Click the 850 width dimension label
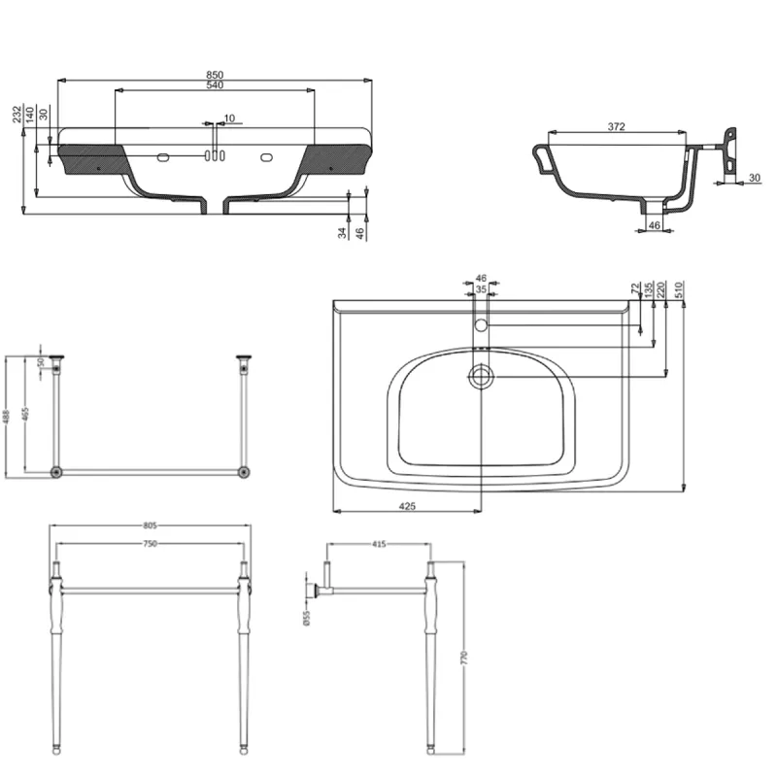(x=215, y=75)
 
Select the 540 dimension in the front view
(x=215, y=86)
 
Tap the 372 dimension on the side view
(x=615, y=126)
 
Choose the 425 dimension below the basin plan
(x=407, y=505)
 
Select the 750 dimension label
(x=150, y=546)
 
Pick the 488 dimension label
(x=7, y=416)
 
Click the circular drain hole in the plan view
(x=480, y=376)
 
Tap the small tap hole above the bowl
(x=480, y=322)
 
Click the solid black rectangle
(x=629, y=656)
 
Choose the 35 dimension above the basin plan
(x=480, y=288)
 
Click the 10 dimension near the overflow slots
(x=229, y=118)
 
